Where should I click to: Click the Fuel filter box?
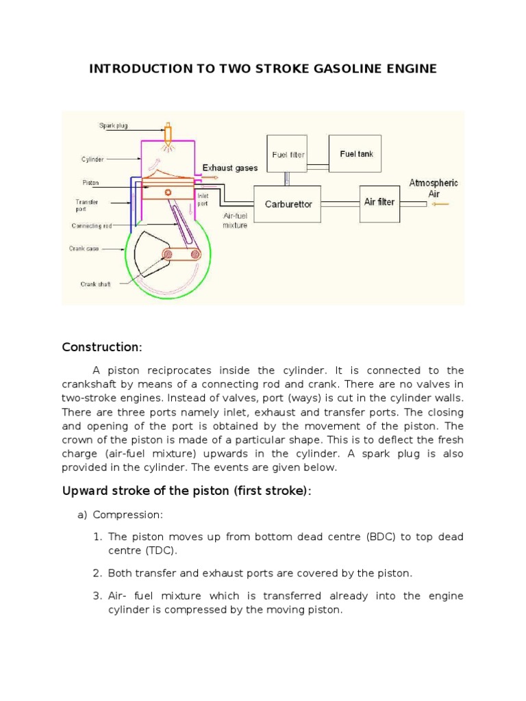(x=288, y=155)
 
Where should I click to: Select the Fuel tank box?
(x=357, y=154)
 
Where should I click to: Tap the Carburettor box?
(x=288, y=204)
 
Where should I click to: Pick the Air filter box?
(x=379, y=202)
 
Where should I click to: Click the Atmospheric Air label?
(x=434, y=188)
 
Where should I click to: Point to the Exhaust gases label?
(x=230, y=168)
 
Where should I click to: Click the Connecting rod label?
(x=92, y=225)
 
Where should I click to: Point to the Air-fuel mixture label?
(x=235, y=220)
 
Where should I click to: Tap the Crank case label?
(x=84, y=248)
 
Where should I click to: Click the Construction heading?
(x=101, y=347)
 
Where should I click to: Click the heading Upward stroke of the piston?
(x=186, y=491)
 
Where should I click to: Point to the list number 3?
(x=97, y=596)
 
